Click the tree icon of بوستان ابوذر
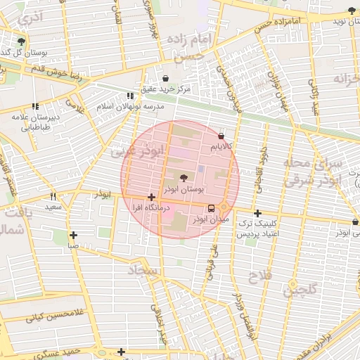point(184,179)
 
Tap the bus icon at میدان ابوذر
point(212,208)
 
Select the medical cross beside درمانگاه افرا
point(151,198)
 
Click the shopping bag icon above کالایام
point(222,136)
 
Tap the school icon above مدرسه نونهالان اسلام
point(129,96)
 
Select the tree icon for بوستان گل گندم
point(22,41)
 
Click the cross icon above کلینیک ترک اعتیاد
point(258,214)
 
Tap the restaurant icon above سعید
point(53,197)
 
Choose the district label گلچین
point(301,289)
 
